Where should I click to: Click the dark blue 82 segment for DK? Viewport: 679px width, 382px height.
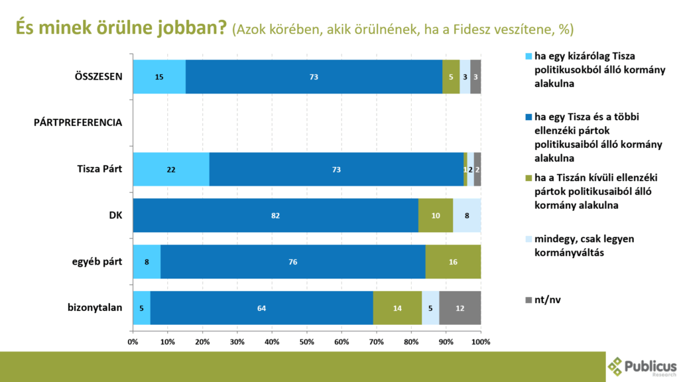tap(276, 216)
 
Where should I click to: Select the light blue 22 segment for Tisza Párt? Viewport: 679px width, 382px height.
tap(171, 169)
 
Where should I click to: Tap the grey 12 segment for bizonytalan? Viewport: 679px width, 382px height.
tap(460, 308)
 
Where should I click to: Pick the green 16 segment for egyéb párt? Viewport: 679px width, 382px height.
tap(453, 262)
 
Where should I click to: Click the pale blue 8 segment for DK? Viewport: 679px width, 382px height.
tap(467, 216)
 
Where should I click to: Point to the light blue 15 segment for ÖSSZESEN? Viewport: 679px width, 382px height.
tap(159, 77)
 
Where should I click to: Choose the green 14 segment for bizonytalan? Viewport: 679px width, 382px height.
tap(397, 308)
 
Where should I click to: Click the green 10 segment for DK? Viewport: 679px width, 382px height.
tap(436, 216)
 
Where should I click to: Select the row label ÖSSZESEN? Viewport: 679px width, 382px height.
tap(98, 76)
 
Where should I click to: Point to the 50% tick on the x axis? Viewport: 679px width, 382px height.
tap(307, 342)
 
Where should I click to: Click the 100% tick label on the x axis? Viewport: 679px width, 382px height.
tap(480, 342)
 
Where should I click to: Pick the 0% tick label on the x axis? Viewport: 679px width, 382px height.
tap(133, 342)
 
